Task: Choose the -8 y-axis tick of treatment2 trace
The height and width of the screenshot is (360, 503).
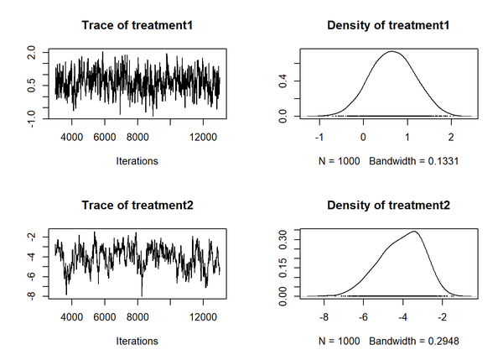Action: pyautogui.click(x=31, y=296)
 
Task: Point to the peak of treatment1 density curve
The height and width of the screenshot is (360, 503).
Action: pyautogui.click(x=392, y=51)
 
